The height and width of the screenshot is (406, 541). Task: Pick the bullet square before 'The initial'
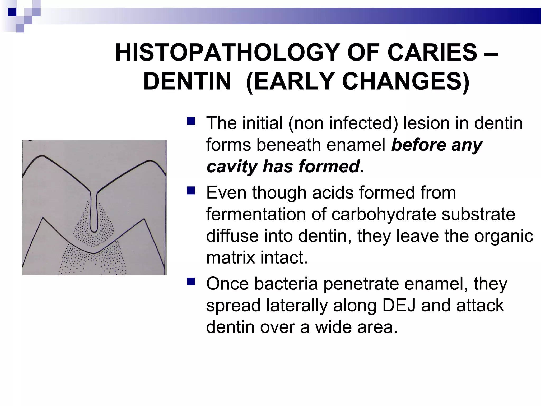[x=190, y=121]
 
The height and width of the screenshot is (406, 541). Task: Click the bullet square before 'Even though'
[x=190, y=190]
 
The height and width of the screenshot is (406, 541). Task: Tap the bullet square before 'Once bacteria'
[x=190, y=282]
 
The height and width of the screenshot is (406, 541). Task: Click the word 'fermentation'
[x=255, y=214]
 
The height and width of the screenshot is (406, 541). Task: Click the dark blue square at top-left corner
[x=12, y=12]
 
